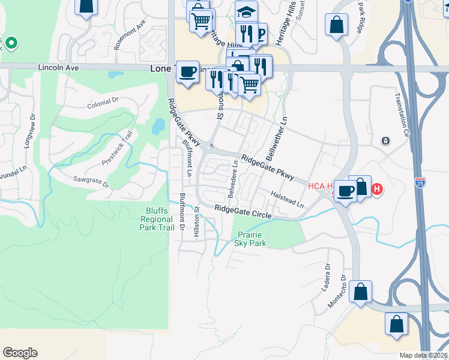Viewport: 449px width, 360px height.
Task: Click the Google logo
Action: [20, 353]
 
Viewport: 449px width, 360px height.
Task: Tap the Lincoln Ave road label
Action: [59, 68]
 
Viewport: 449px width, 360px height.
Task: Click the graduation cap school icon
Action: [246, 10]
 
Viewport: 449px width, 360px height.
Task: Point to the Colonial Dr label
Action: [103, 104]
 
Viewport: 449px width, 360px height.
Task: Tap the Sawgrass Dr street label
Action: [91, 181]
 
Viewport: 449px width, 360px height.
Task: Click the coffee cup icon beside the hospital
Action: [345, 191]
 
